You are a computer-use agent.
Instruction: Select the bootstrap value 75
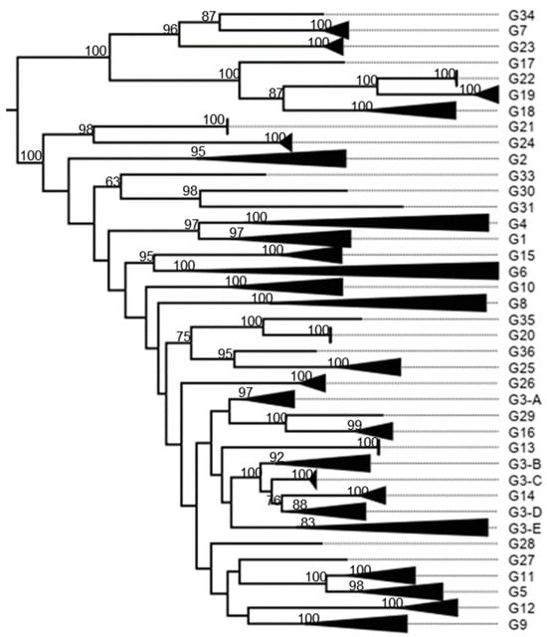pos(182,337)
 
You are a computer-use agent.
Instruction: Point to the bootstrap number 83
pos(309,522)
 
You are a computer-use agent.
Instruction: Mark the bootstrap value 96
pos(170,30)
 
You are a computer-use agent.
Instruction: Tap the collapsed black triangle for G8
pos(418,303)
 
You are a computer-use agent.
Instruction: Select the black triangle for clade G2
pos(298,158)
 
